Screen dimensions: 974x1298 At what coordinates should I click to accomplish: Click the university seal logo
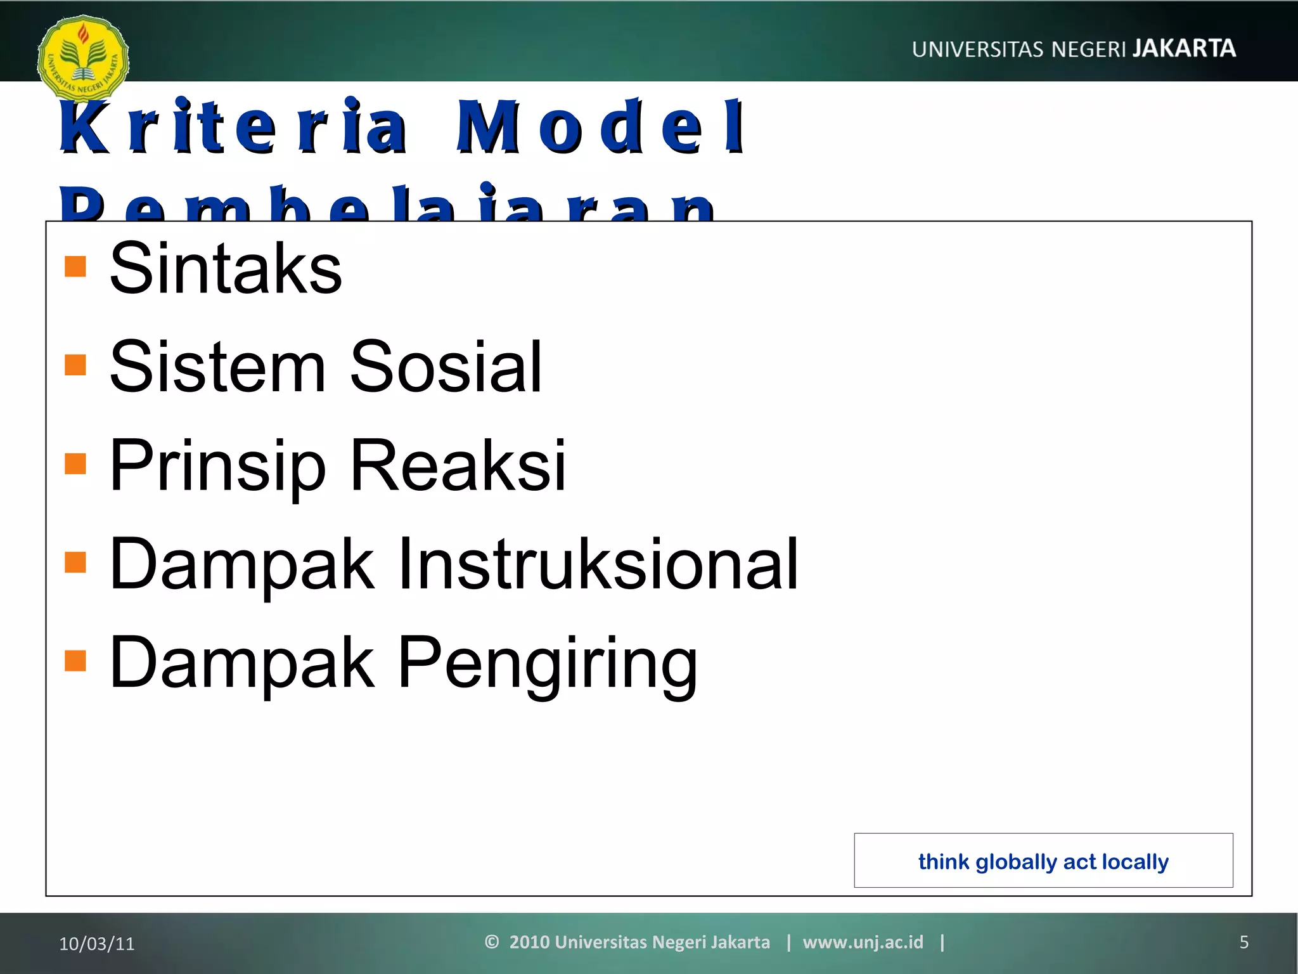tap(83, 58)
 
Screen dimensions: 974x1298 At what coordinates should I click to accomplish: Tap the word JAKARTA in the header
tap(1183, 49)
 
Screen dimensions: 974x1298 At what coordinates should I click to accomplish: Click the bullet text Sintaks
tap(226, 268)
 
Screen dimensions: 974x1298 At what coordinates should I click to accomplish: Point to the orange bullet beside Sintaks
tap(75, 266)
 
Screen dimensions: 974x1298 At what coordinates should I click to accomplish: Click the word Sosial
tap(446, 367)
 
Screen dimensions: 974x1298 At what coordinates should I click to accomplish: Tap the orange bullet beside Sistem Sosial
tap(75, 365)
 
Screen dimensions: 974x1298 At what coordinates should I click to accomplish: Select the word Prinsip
tap(217, 466)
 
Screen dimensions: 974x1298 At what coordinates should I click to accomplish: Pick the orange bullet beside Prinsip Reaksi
tap(75, 464)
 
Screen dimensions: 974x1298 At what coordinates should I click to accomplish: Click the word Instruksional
tap(598, 564)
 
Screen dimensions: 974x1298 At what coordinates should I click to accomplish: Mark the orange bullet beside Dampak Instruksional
tap(75, 562)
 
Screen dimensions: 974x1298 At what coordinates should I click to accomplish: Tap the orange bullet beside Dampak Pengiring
tap(75, 660)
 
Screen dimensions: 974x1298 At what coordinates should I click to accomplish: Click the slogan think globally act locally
tap(1043, 862)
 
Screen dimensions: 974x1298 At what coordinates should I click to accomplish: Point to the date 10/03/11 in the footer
tap(97, 944)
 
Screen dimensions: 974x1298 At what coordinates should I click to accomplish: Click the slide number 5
tap(1243, 942)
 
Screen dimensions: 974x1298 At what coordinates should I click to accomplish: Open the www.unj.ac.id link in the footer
tap(863, 942)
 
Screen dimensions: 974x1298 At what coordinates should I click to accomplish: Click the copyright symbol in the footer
tap(492, 942)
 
